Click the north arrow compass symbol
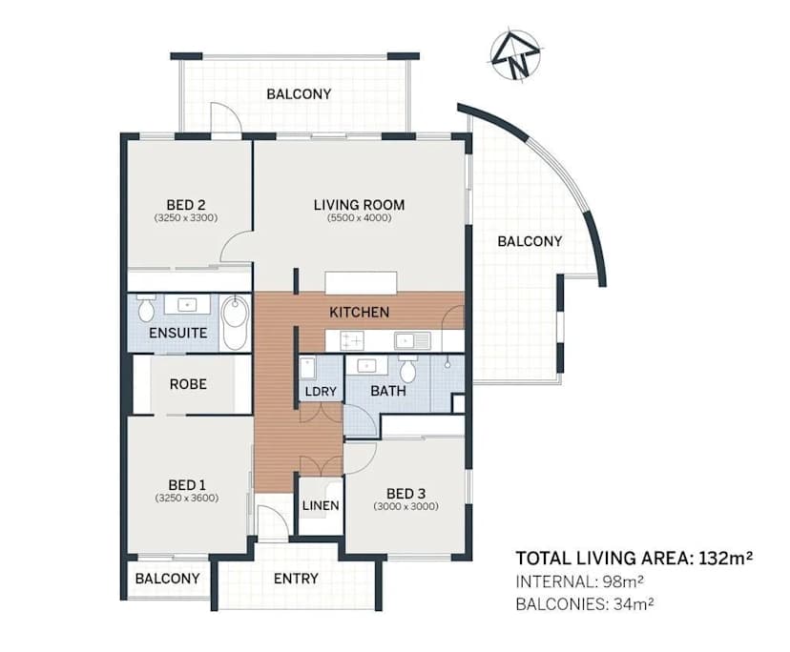point(515,56)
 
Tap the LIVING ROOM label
point(359,204)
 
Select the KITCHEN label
point(359,312)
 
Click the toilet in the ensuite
point(146,309)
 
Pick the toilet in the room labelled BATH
point(408,370)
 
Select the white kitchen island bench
point(360,283)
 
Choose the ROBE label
point(188,384)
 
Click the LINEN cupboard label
point(319,505)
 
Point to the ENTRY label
point(296,579)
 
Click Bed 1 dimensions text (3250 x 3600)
point(187,498)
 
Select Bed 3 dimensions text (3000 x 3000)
point(405,506)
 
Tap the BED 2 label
point(186,204)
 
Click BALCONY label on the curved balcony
point(530,241)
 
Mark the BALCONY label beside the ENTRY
point(167,579)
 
